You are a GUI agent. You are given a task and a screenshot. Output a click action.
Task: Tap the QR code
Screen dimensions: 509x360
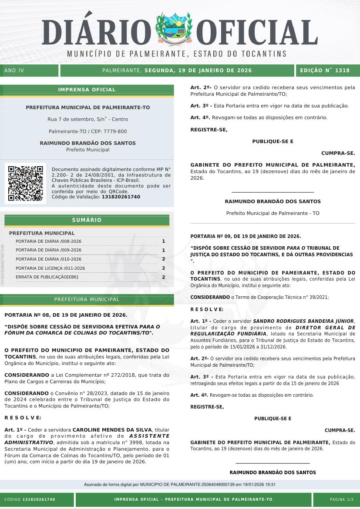[x=26, y=183]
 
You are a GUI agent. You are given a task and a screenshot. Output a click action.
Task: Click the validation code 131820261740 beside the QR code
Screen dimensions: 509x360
[x=121, y=197]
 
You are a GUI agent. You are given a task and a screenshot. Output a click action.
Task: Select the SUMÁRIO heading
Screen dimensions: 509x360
[x=87, y=220]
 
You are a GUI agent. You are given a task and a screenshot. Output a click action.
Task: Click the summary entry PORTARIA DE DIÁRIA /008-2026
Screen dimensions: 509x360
[x=48, y=241]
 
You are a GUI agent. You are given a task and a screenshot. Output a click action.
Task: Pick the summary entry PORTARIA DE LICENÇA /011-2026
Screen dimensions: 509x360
[x=50, y=268]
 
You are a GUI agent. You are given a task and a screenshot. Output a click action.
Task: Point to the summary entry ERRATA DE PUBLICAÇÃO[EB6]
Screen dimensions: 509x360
[x=47, y=277]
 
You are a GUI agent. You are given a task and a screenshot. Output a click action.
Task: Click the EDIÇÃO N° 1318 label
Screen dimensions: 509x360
[x=325, y=70]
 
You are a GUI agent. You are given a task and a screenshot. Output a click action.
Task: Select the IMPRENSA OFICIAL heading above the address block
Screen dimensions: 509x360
[x=87, y=90]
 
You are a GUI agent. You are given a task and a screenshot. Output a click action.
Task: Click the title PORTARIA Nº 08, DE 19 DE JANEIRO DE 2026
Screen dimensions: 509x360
[x=66, y=315]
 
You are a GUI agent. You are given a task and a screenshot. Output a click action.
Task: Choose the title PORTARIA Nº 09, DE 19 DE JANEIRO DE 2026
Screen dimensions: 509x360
[x=246, y=236]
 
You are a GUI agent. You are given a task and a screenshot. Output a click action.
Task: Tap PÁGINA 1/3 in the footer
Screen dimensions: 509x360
[x=342, y=499]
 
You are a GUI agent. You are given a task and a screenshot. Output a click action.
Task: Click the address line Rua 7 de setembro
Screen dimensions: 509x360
[x=87, y=119]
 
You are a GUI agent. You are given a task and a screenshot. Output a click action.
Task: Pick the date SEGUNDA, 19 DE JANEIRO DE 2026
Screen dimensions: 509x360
[x=198, y=70]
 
